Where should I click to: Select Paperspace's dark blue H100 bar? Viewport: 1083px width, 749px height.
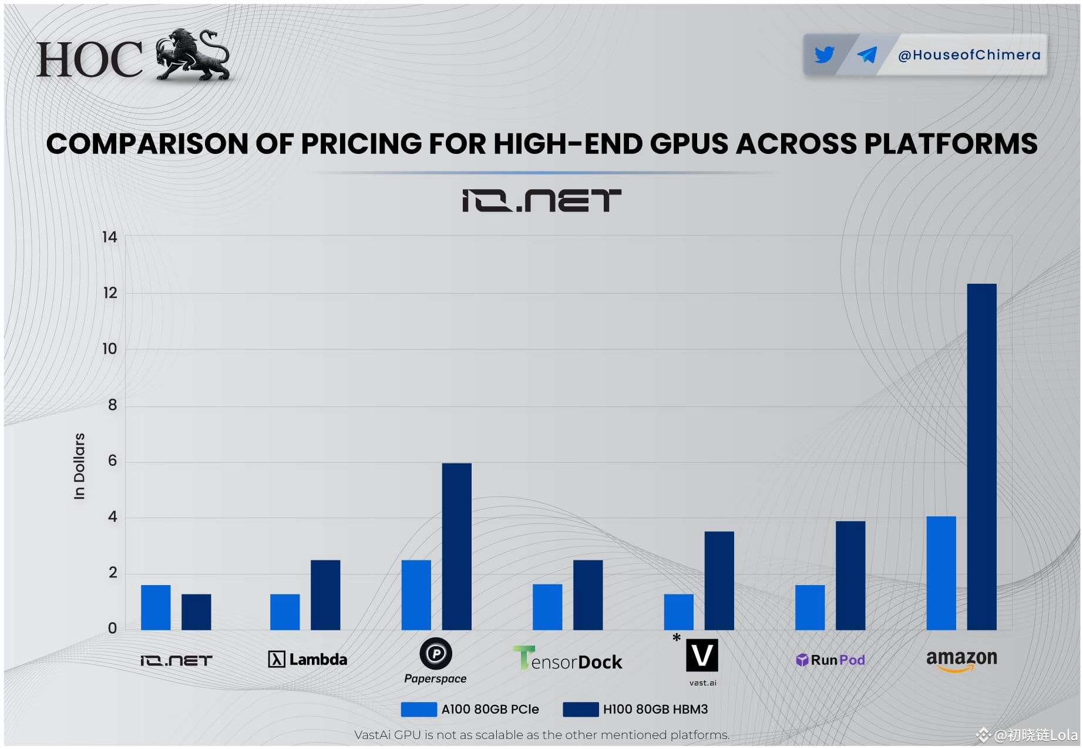click(x=456, y=546)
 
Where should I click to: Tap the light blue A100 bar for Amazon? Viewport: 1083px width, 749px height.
click(x=941, y=573)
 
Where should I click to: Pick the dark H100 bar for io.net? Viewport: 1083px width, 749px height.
click(x=196, y=612)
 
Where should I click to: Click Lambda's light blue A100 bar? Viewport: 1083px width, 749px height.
click(x=285, y=612)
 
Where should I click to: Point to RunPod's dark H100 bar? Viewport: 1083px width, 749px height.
click(x=850, y=575)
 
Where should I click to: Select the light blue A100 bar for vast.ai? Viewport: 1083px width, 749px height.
click(x=678, y=612)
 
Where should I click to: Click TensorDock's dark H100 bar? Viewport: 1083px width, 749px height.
click(x=588, y=595)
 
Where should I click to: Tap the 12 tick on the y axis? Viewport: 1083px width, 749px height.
click(x=110, y=293)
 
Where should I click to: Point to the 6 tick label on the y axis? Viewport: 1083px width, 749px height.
click(x=112, y=461)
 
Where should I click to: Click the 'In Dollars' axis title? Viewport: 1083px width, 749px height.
click(x=79, y=466)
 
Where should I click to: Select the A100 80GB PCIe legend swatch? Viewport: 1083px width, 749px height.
click(x=418, y=709)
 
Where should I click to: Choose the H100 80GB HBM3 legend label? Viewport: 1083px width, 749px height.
click(x=655, y=709)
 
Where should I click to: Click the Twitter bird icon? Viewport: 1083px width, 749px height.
click(x=824, y=55)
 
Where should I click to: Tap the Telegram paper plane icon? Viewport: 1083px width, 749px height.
click(x=867, y=55)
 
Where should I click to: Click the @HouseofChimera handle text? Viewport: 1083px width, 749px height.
click(x=969, y=55)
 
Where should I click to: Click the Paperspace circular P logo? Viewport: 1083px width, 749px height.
click(x=436, y=653)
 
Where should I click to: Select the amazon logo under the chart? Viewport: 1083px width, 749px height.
click(x=961, y=660)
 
